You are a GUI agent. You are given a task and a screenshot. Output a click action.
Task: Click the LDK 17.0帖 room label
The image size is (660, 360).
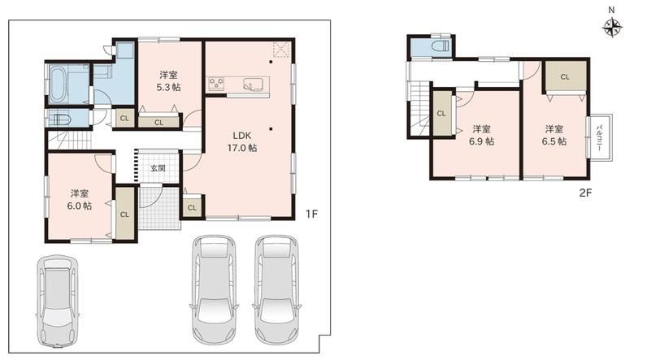coord(242,141)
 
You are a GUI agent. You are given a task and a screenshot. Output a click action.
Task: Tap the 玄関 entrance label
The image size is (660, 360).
coord(158,168)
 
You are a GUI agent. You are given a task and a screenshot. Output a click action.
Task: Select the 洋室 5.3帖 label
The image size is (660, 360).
coord(168,81)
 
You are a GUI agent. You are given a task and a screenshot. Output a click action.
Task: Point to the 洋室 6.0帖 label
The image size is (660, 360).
coord(80,200)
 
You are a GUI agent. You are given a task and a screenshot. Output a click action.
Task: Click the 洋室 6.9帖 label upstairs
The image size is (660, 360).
coord(481,135)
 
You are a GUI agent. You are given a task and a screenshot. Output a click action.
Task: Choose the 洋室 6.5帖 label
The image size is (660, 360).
coord(554,135)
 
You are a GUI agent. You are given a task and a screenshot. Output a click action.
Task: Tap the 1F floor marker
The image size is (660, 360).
coord(311,214)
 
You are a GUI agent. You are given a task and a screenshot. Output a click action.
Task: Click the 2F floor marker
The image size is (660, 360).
coord(585,193)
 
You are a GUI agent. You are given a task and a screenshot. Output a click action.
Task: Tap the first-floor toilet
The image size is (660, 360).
coord(59,119)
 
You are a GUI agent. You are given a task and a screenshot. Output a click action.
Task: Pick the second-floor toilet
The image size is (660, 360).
coord(441,46)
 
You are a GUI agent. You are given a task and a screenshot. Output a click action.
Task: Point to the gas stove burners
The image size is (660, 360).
coord(216,83)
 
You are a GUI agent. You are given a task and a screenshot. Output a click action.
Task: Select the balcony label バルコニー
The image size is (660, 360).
coord(599,137)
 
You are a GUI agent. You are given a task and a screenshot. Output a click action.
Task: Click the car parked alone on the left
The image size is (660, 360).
coord(57,301)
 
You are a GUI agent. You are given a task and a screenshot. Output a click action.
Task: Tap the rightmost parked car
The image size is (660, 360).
coord(276,289)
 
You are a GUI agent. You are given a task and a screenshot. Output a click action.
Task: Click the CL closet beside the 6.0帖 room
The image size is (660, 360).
coord(124,214)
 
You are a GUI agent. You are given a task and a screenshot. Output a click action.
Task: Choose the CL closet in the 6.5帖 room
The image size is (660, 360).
coord(565,76)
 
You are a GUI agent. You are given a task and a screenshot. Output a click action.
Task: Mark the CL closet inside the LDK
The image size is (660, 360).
coord(192,207)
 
